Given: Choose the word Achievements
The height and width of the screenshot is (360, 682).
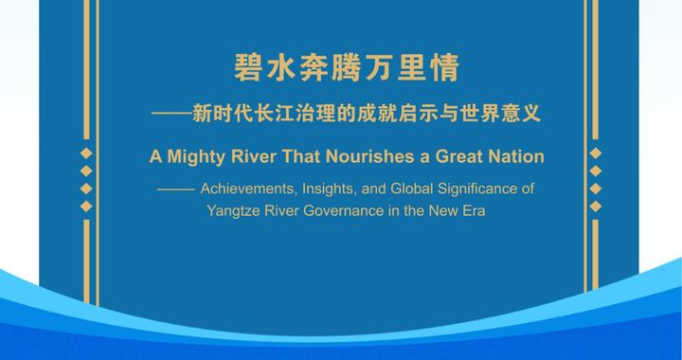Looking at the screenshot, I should pos(249,189).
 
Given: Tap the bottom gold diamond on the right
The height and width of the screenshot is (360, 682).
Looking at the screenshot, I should pos(595,206).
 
